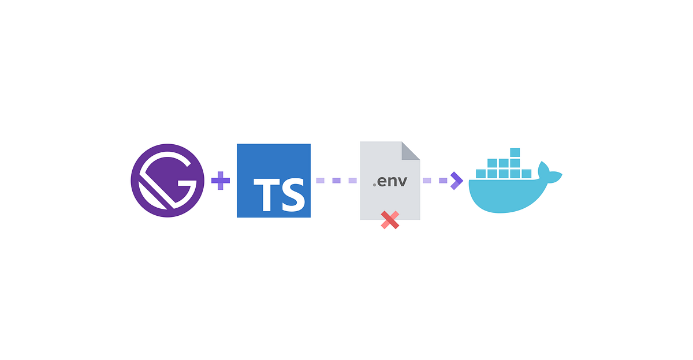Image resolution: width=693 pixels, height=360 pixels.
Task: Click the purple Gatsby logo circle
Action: [x=167, y=181]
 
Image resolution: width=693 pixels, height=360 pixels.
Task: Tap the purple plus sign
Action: [x=221, y=181]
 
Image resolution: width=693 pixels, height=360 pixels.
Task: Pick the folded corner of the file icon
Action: [x=411, y=151]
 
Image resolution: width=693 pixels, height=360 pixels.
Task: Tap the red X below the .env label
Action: [x=390, y=220]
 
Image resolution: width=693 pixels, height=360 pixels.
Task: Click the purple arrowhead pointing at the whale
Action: [x=457, y=181]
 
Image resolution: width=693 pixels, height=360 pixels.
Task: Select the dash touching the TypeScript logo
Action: [x=320, y=181]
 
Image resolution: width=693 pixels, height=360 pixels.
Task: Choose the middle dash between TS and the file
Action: [x=336, y=181]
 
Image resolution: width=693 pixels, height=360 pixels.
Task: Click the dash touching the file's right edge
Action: [x=427, y=181]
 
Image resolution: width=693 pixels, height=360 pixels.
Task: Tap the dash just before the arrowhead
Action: [x=443, y=181]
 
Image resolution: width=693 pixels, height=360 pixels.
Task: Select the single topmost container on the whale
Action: [x=515, y=153]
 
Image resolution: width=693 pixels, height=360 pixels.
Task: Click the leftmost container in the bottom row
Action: [x=480, y=174]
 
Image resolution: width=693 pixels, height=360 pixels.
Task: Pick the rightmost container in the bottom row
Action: [x=526, y=174]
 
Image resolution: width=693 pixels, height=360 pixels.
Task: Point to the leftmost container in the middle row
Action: [x=492, y=163]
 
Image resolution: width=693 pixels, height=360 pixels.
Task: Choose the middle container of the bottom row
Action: [x=504, y=174]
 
